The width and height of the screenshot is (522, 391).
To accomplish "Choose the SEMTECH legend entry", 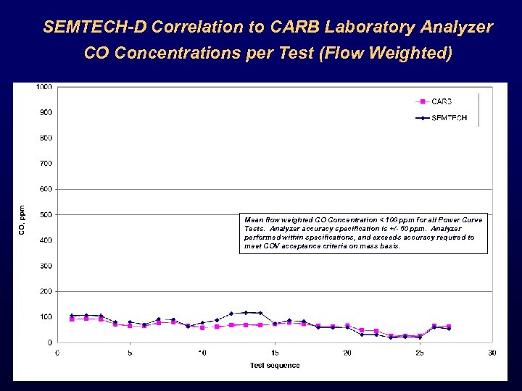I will (x=448, y=117).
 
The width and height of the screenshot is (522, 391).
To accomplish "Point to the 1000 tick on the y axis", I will (x=43, y=87).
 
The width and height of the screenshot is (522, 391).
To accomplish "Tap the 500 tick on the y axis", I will (x=45, y=214).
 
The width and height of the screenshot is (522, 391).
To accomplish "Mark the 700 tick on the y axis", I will (x=45, y=164).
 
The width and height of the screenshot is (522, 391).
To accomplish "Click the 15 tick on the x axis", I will (x=275, y=353).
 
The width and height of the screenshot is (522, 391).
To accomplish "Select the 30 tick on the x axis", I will (x=492, y=353).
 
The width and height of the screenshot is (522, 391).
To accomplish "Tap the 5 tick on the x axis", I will (x=130, y=353).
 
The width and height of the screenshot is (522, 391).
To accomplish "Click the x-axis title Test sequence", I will (x=275, y=365).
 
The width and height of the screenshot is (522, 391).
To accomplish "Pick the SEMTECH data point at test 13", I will (x=246, y=313).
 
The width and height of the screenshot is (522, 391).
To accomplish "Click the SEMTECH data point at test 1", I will (x=72, y=316).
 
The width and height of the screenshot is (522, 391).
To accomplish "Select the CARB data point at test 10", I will (x=202, y=327).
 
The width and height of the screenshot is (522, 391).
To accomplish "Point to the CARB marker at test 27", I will (x=449, y=327).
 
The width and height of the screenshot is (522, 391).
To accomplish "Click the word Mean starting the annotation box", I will (x=254, y=219).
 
